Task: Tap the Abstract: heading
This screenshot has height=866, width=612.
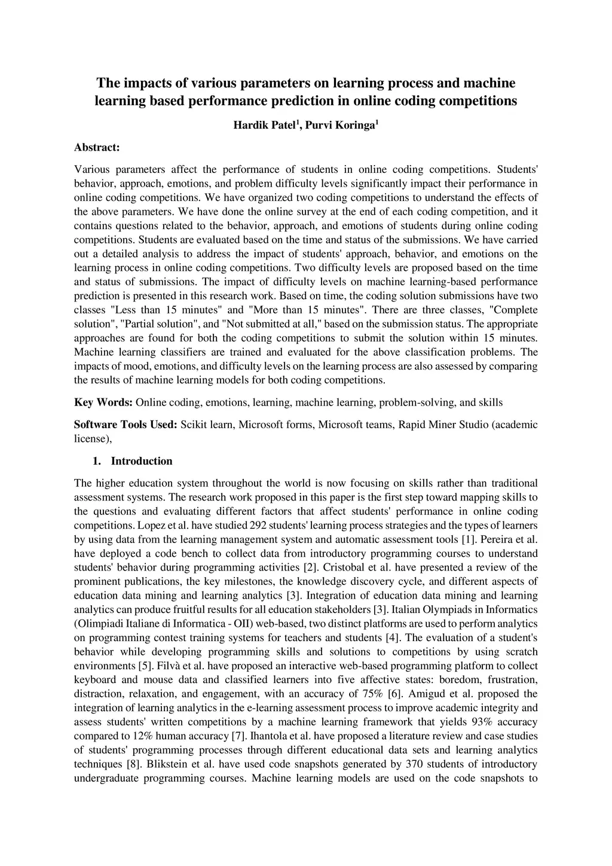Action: tap(97, 147)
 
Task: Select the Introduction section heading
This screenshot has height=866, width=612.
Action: tap(142, 461)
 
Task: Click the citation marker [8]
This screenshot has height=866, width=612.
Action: tap(133, 764)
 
